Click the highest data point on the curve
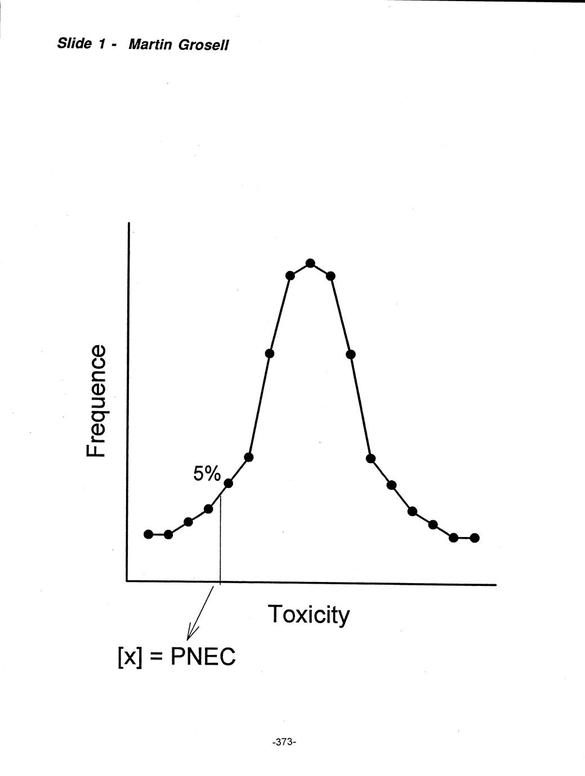point(310,263)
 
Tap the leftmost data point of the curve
point(149,534)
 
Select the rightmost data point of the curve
point(475,538)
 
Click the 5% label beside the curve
point(207,474)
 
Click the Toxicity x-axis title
point(309,614)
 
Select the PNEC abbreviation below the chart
point(203,656)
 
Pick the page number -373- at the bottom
point(284,742)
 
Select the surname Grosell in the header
point(203,45)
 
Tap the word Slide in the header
point(74,43)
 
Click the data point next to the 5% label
point(229,483)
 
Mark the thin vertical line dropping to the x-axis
point(220,540)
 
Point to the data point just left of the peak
point(291,276)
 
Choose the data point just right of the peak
point(331,276)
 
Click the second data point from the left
point(168,534)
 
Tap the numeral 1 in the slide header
point(102,44)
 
